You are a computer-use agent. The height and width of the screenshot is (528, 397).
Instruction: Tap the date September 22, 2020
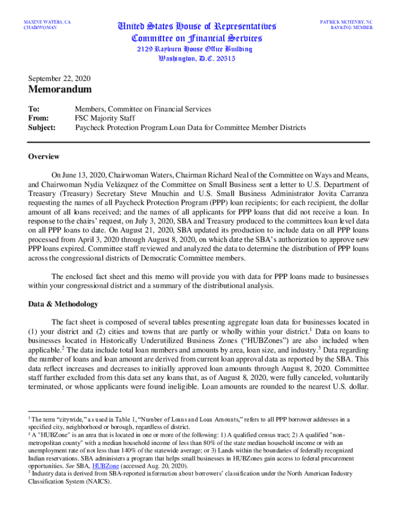coord(59,79)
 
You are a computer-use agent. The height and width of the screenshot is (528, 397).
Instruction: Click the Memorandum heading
coord(60,90)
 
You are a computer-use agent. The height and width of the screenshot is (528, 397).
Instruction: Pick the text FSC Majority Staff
coord(105,118)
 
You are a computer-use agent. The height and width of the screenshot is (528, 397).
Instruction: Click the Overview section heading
coord(43,157)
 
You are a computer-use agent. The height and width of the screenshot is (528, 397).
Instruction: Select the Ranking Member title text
coord(352,28)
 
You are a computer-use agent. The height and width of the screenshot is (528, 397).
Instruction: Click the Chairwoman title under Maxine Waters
coord(41,28)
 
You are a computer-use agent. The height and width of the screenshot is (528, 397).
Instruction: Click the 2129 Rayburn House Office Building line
coord(194,49)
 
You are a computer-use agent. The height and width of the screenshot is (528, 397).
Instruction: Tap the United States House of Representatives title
coord(197,26)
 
